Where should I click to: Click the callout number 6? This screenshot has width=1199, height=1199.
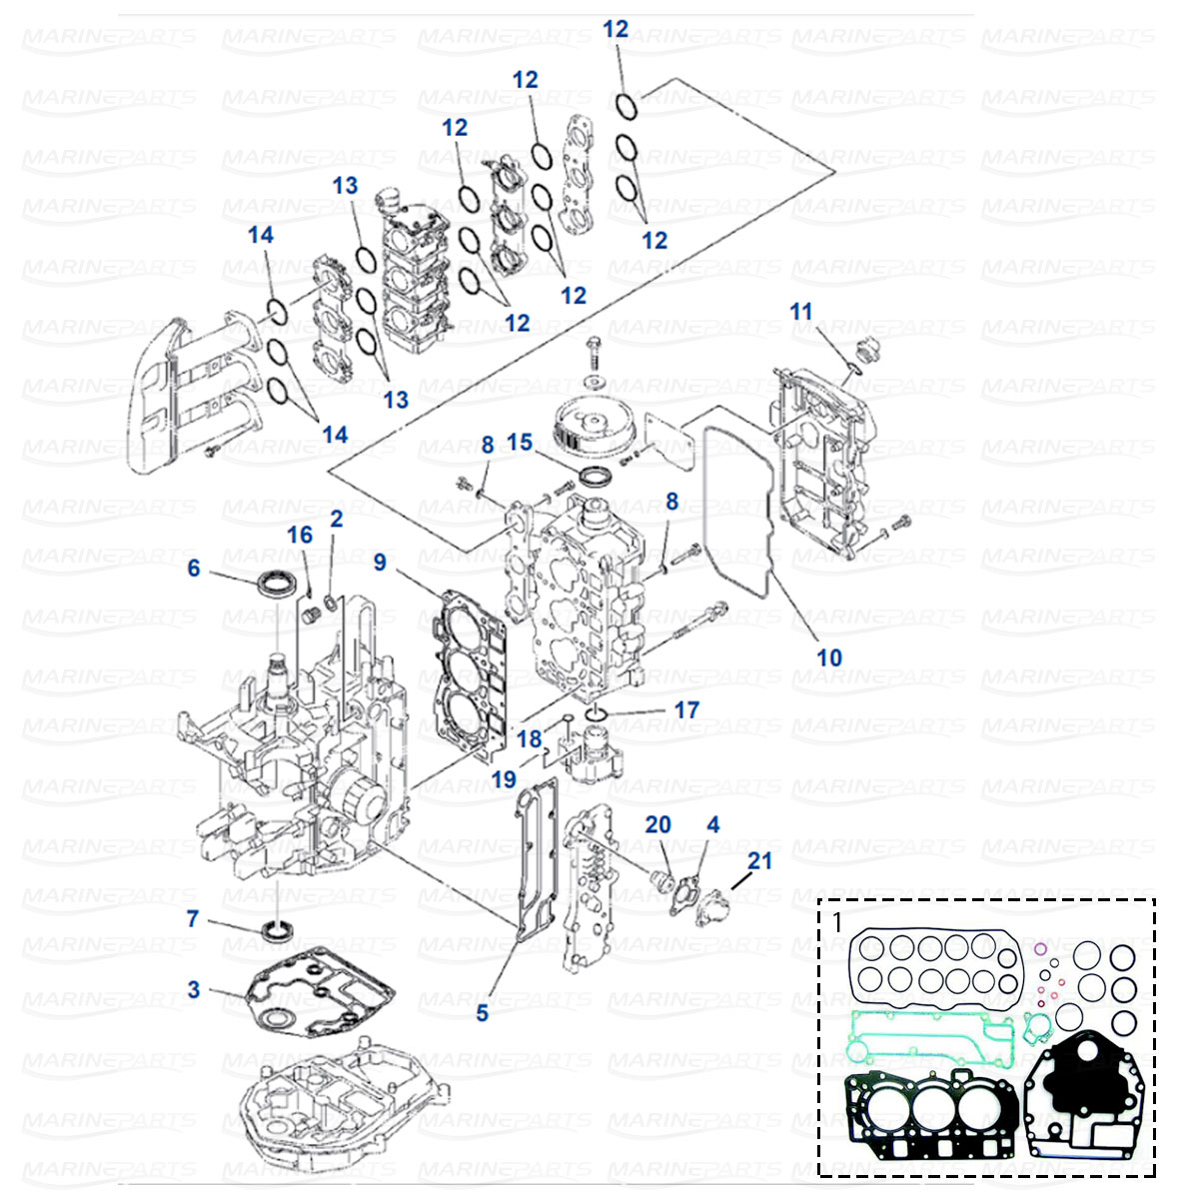click(193, 568)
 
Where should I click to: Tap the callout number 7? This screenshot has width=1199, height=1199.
click(193, 917)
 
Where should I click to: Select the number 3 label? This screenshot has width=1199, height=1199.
click(193, 989)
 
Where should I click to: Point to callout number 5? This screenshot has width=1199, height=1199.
click(482, 1013)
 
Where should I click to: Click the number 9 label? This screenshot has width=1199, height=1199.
click(380, 563)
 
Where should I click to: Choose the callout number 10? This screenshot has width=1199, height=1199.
click(829, 657)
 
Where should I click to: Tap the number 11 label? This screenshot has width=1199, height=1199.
click(801, 312)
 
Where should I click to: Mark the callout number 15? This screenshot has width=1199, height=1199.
click(520, 441)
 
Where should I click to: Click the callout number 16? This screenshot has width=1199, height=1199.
click(300, 535)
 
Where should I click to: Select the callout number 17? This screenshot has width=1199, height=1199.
click(686, 709)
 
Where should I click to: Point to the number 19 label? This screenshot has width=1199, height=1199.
click(505, 778)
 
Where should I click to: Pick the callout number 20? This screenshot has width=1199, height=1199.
click(657, 824)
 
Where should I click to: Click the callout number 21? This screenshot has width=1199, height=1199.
click(759, 859)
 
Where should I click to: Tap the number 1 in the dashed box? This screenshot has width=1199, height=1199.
click(837, 921)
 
